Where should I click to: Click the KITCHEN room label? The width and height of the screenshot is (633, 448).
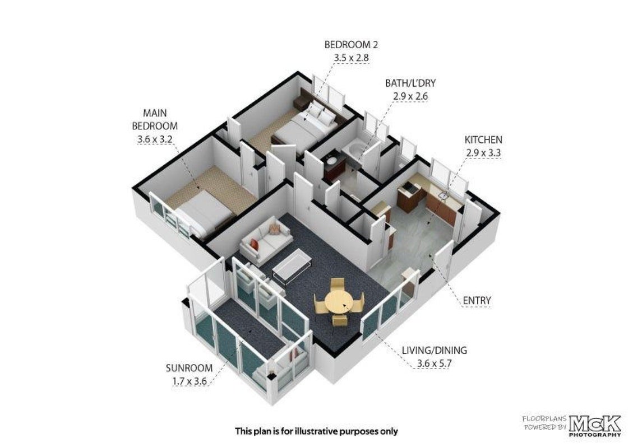click(483, 140)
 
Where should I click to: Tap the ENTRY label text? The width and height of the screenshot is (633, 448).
click(477, 300)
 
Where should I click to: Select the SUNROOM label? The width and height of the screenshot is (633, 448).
click(189, 368)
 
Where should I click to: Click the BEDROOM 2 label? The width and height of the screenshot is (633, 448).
click(351, 44)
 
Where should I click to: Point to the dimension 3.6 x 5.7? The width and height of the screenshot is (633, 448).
click(434, 363)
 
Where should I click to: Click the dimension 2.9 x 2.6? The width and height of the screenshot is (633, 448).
click(410, 96)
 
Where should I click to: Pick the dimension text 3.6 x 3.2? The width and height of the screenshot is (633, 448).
click(155, 139)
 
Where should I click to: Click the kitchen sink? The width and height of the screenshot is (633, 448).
click(444, 195)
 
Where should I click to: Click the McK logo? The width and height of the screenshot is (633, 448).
click(595, 424)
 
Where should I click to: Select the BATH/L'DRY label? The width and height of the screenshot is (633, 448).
click(410, 83)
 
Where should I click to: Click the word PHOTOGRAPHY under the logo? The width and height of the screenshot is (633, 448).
click(595, 435)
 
